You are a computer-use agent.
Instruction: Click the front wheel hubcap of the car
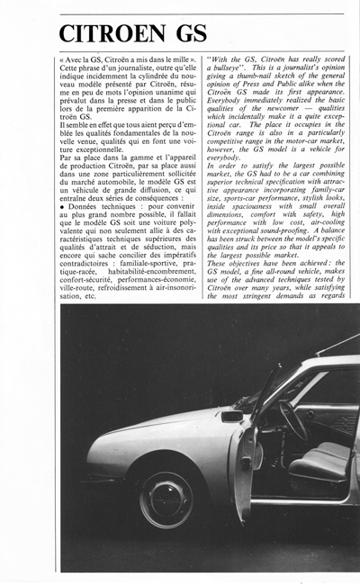click(x=166, y=497)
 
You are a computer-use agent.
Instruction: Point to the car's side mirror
click(x=232, y=416)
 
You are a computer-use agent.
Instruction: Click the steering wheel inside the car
click(x=293, y=419)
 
